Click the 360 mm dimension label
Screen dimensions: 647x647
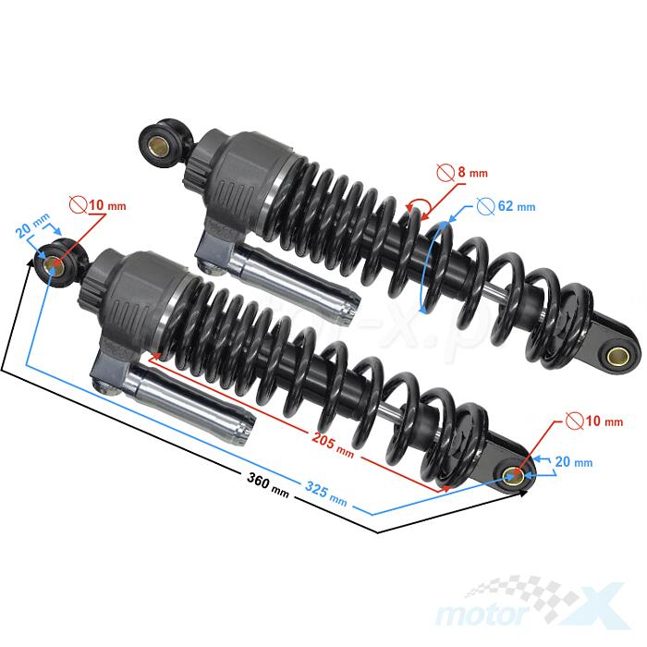pyautogui.click(x=268, y=484)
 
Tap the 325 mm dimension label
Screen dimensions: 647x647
pyautogui.click(x=326, y=494)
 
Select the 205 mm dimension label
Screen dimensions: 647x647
pyautogui.click(x=333, y=445)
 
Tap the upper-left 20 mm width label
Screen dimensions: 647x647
pyautogui.click(x=32, y=226)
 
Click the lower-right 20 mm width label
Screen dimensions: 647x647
pyautogui.click(x=574, y=461)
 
